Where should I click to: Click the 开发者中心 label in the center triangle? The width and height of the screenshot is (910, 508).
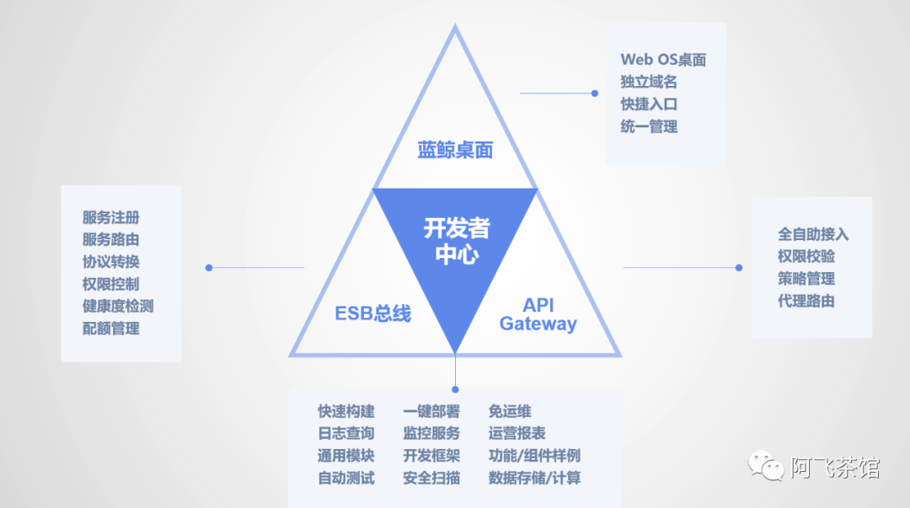tap(456, 241)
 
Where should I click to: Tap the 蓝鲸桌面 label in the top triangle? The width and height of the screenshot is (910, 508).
tap(455, 151)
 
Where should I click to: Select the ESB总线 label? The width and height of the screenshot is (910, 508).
tap(372, 314)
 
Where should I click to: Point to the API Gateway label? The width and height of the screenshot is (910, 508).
tap(538, 314)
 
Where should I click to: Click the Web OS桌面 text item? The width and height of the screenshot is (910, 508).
tap(663, 60)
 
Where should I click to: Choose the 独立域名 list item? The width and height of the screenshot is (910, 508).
tap(649, 83)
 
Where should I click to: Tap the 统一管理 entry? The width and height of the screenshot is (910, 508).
tap(649, 127)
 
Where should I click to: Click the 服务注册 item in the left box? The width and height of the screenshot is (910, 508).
tap(110, 218)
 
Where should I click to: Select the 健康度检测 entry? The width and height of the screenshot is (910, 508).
tap(118, 307)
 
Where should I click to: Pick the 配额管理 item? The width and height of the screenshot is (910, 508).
tap(110, 329)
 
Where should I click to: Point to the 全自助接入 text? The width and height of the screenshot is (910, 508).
tap(813, 234)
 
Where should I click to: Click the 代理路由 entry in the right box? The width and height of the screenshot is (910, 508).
tap(806, 301)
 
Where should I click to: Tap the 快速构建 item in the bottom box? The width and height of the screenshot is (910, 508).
tap(346, 412)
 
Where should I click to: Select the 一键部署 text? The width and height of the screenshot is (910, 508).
tap(431, 412)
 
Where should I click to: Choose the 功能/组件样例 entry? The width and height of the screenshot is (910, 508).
tap(534, 456)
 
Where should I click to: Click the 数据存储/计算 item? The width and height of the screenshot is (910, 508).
tap(534, 479)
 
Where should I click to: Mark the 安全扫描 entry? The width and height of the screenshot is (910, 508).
tap(431, 479)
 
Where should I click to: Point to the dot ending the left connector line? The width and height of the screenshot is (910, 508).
tap(209, 268)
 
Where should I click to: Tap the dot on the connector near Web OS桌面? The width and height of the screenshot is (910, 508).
tap(594, 94)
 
